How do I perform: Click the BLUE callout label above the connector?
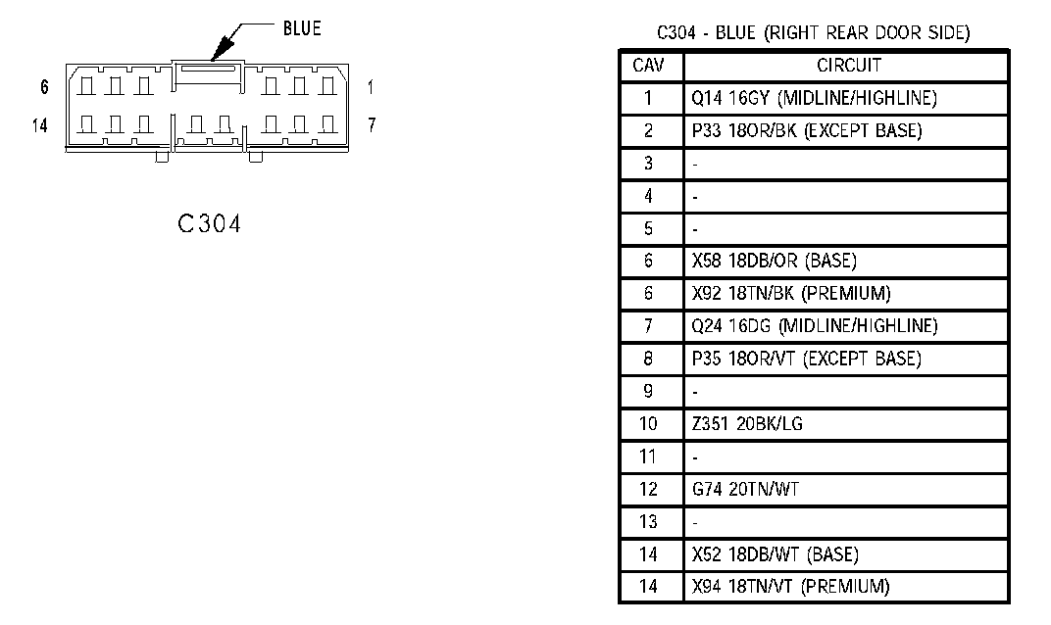pyautogui.click(x=301, y=28)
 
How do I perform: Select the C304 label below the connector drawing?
pyautogui.click(x=209, y=224)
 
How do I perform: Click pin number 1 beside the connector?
pyautogui.click(x=371, y=87)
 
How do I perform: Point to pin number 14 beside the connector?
pyautogui.click(x=40, y=125)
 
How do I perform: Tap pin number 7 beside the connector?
pyautogui.click(x=372, y=125)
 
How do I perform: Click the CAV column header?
pyautogui.click(x=649, y=66)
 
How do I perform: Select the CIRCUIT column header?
pyautogui.click(x=849, y=66)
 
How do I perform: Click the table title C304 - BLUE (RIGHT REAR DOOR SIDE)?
pyautogui.click(x=813, y=33)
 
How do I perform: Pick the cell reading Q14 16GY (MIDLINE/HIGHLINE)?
pyautogui.click(x=814, y=98)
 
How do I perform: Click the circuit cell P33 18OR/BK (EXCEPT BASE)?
pyautogui.click(x=806, y=131)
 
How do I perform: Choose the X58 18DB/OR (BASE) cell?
pyautogui.click(x=774, y=261)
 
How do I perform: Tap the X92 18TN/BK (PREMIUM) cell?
pyautogui.click(x=790, y=293)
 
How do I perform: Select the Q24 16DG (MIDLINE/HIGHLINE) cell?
pyautogui.click(x=814, y=326)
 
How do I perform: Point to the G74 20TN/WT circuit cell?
pyautogui.click(x=745, y=489)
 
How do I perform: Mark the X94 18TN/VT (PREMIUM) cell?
pyautogui.click(x=790, y=587)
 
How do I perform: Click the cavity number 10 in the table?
pyautogui.click(x=649, y=424)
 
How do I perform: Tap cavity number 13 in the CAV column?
pyautogui.click(x=649, y=522)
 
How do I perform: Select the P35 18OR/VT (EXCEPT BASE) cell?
pyautogui.click(x=806, y=359)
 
